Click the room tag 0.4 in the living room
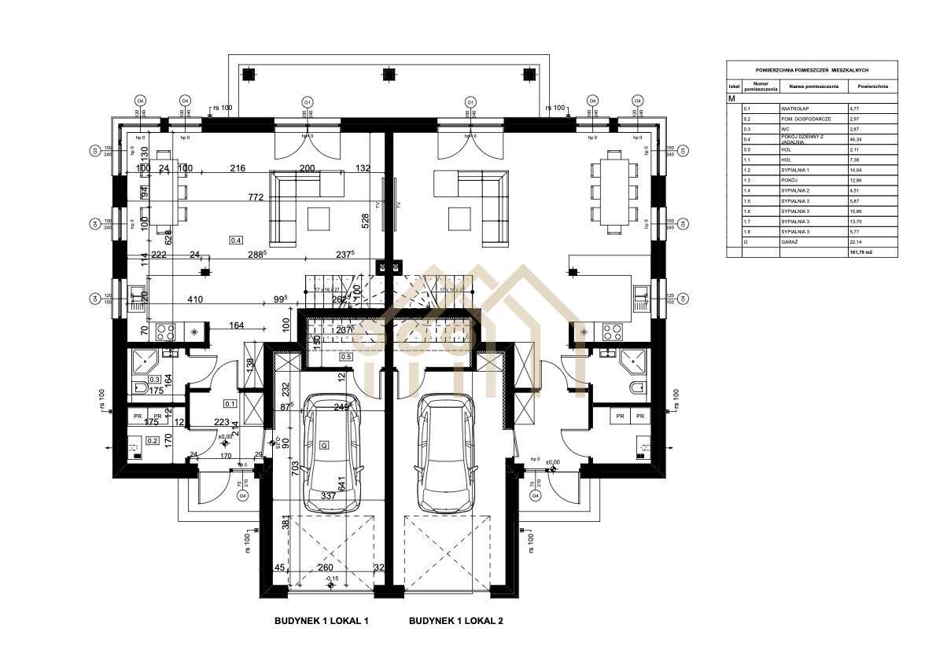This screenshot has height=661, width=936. tap(235, 239)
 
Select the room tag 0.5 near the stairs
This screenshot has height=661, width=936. tap(345, 356)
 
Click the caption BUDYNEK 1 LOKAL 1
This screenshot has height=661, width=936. tap(321, 621)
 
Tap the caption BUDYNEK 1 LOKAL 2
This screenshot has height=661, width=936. tap(455, 621)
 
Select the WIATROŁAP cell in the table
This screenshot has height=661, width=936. tap(790, 108)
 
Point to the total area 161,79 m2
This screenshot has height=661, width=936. tap(860, 252)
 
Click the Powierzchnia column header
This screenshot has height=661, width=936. tap(872, 86)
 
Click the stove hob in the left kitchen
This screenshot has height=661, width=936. tap(166, 332)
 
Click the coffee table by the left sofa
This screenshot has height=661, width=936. tap(319, 216)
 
